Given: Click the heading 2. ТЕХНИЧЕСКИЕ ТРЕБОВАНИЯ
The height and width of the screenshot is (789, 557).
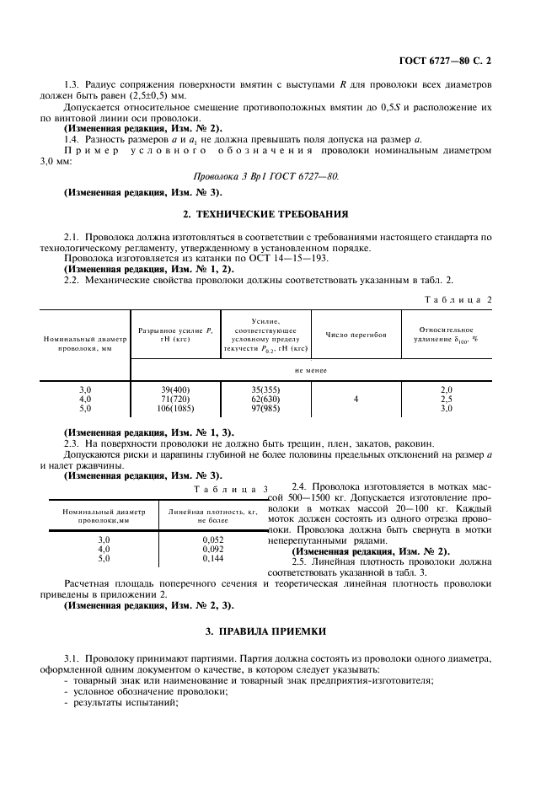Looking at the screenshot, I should click(278, 215).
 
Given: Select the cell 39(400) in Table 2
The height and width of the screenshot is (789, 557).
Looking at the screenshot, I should click(175, 389).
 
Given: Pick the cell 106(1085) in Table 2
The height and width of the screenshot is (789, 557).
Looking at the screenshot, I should click(175, 408).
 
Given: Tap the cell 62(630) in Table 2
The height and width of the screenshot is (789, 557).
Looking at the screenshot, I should click(266, 399).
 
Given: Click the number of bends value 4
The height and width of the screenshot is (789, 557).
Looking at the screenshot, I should click(356, 399).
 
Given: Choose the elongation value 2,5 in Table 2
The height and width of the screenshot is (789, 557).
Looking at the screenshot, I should click(447, 399).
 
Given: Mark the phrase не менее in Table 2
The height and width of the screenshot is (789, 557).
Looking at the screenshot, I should click(310, 369).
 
